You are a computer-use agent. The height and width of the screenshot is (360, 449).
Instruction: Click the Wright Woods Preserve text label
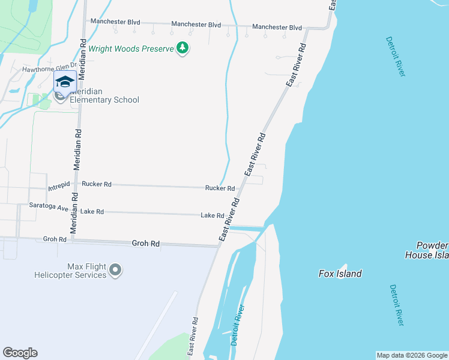(130, 48)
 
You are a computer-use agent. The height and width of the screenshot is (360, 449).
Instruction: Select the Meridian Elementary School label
(104, 96)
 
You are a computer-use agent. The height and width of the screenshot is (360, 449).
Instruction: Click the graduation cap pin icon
(65, 83)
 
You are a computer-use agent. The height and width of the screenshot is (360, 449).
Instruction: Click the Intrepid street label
(59, 184)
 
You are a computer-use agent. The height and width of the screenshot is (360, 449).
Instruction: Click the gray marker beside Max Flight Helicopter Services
(116, 271)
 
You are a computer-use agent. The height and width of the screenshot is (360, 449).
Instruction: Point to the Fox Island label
(340, 274)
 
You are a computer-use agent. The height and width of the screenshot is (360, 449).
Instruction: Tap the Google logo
(20, 353)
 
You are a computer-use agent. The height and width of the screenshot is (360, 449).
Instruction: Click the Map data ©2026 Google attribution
(412, 355)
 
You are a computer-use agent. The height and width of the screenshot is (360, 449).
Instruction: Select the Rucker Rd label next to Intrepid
(97, 185)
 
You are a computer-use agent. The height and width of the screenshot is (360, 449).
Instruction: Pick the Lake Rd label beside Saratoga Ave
(92, 212)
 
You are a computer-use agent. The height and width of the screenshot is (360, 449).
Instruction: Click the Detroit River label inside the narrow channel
(238, 325)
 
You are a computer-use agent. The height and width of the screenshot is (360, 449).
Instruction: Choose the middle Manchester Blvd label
(196, 25)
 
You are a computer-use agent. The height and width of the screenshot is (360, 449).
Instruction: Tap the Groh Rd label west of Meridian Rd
(55, 239)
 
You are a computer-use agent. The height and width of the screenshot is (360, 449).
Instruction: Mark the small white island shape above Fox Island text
(342, 268)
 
